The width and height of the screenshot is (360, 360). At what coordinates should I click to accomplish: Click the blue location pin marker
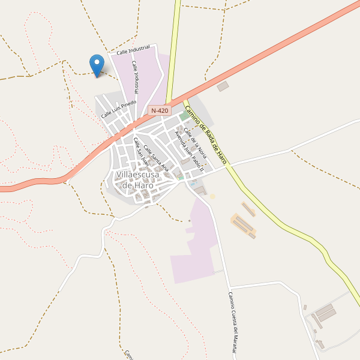point(96,64)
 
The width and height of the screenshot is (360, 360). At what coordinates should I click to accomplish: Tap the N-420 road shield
point(160,110)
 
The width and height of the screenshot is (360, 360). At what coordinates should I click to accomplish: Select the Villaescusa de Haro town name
point(138,179)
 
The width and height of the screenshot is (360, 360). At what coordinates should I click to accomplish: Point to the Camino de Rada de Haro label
point(205,135)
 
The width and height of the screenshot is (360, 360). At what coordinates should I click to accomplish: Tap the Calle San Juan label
point(141,151)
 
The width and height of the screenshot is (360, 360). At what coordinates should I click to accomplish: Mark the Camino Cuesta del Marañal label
point(233,324)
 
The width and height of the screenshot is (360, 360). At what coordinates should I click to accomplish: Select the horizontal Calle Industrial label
point(133,51)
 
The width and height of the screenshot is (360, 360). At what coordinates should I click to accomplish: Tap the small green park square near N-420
point(182,116)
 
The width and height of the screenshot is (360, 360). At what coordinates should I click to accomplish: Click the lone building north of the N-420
point(223,86)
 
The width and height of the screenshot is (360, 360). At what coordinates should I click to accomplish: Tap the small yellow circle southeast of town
point(212,196)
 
